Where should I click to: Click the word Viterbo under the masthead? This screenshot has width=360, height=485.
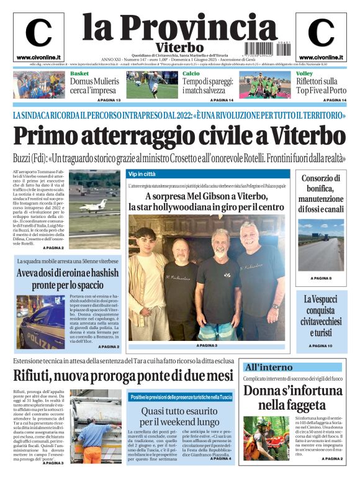click(179, 47)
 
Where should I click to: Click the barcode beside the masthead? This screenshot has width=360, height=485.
click(261, 46)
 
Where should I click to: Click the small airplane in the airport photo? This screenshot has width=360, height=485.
click(93, 204)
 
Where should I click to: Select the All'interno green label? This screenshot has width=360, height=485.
click(268, 367)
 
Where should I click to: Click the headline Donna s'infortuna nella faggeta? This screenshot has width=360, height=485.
click(292, 398)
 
